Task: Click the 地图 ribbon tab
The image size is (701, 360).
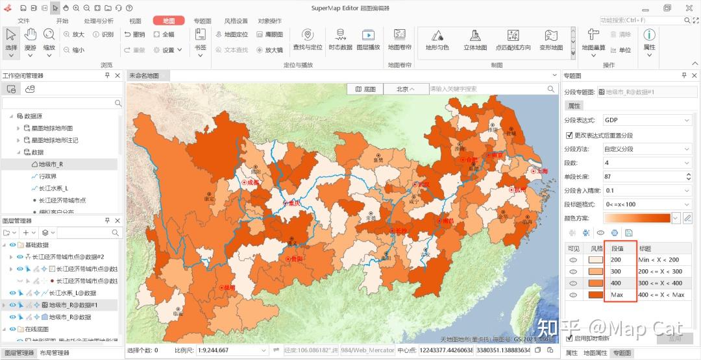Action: (x=169, y=21)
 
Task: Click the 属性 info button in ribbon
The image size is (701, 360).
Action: (x=648, y=40)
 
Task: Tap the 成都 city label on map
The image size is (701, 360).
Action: (x=252, y=183)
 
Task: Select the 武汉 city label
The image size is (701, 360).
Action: (x=424, y=184)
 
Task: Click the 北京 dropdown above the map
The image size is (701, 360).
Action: (x=406, y=89)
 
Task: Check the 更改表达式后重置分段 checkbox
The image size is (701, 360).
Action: (x=570, y=136)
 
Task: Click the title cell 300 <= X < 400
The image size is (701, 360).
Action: (x=660, y=283)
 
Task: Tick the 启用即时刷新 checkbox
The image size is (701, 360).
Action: (x=570, y=338)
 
